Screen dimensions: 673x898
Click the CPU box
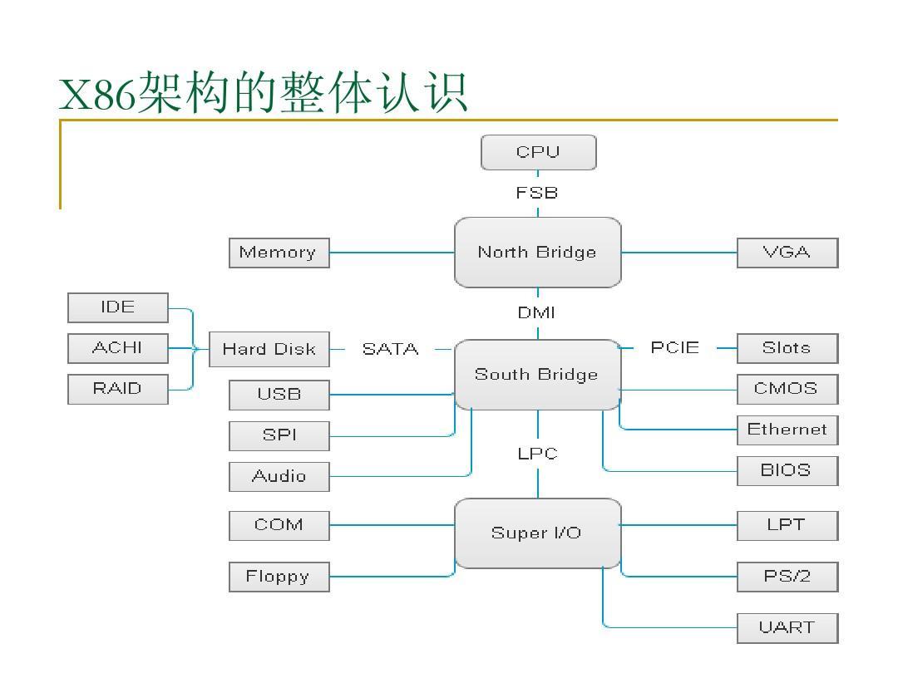(538, 152)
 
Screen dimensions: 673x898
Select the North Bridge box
(537, 253)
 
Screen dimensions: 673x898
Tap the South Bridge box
(537, 375)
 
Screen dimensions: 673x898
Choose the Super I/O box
(537, 533)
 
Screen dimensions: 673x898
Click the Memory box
(279, 253)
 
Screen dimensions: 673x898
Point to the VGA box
(787, 253)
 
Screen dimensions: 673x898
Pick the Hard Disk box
(269, 349)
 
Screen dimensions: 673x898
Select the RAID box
(117, 389)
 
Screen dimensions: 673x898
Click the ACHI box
(117, 348)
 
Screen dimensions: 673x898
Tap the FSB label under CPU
(537, 193)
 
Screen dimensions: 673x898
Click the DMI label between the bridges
(537, 313)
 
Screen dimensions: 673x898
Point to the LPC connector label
(537, 454)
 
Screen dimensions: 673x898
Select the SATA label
(390, 349)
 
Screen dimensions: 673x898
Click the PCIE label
(675, 348)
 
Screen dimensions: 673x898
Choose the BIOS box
(787, 470)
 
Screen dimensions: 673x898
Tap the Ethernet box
(787, 430)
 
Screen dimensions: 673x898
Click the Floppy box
(279, 577)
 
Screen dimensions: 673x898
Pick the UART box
(787, 627)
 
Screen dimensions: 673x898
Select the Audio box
(279, 476)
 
